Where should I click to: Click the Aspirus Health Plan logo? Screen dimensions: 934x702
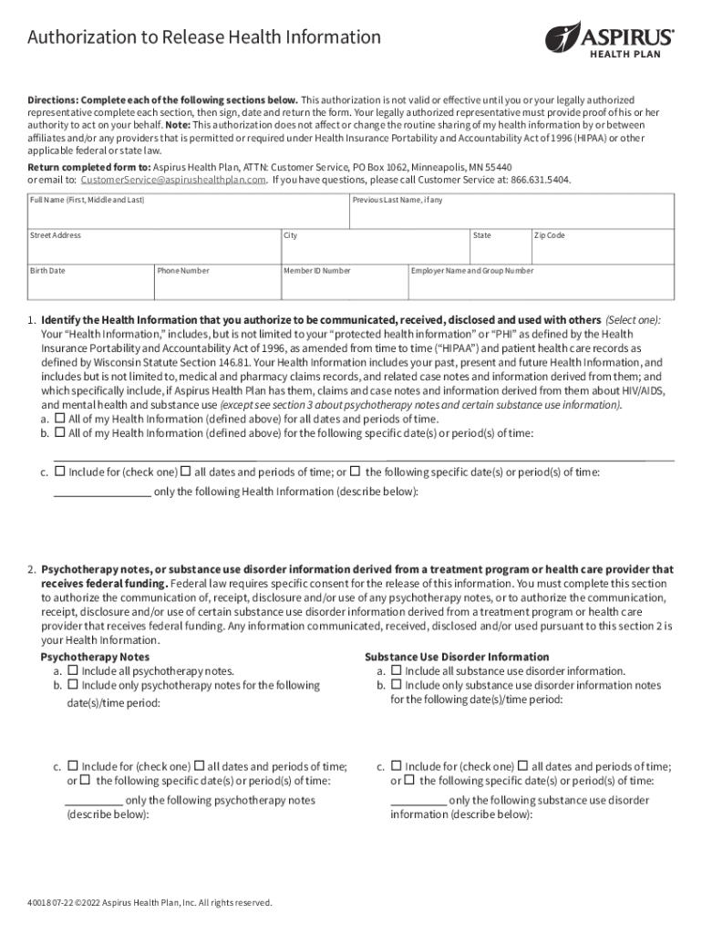[609, 38]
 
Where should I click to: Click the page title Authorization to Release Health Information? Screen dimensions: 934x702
[204, 37]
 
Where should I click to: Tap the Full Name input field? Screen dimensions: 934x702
[188, 215]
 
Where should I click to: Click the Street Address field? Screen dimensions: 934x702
[152, 250]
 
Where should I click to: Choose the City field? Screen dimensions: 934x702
[373, 250]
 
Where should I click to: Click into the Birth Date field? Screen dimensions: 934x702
[89, 285]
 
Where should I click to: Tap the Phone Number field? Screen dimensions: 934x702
[215, 285]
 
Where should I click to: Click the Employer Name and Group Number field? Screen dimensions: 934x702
[541, 285]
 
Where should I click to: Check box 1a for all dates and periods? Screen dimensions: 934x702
[60, 419]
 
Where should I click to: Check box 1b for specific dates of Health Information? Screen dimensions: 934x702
[60, 432]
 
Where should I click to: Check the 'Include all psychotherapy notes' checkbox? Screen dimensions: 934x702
[73, 670]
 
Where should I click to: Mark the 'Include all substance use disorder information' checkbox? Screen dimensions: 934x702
[397, 670]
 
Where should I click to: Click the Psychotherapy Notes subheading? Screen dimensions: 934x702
[96, 657]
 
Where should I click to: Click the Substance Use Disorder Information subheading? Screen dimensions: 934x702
[457, 657]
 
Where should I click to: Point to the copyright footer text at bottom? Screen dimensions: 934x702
[150, 903]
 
